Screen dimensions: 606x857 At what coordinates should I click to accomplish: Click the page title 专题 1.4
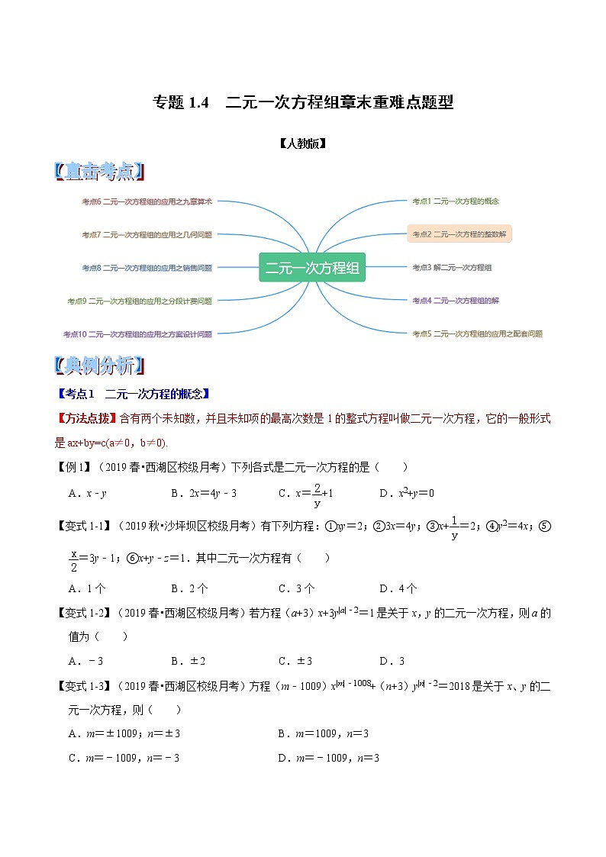click(x=303, y=102)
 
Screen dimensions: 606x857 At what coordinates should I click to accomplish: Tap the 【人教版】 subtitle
click(x=303, y=143)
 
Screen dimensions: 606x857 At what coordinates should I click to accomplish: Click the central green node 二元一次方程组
click(x=311, y=268)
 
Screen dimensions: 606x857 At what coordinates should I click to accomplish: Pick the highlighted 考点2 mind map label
click(x=459, y=234)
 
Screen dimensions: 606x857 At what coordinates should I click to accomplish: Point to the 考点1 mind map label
click(x=455, y=201)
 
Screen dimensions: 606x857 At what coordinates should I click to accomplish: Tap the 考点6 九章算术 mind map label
click(x=147, y=201)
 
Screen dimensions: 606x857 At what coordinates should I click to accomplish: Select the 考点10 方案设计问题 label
click(x=137, y=333)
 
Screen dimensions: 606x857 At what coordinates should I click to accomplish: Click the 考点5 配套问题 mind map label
click(x=477, y=333)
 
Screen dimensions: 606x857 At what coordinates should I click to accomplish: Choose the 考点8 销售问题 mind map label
click(x=147, y=268)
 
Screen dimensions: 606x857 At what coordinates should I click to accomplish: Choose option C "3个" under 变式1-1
click(x=296, y=588)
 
